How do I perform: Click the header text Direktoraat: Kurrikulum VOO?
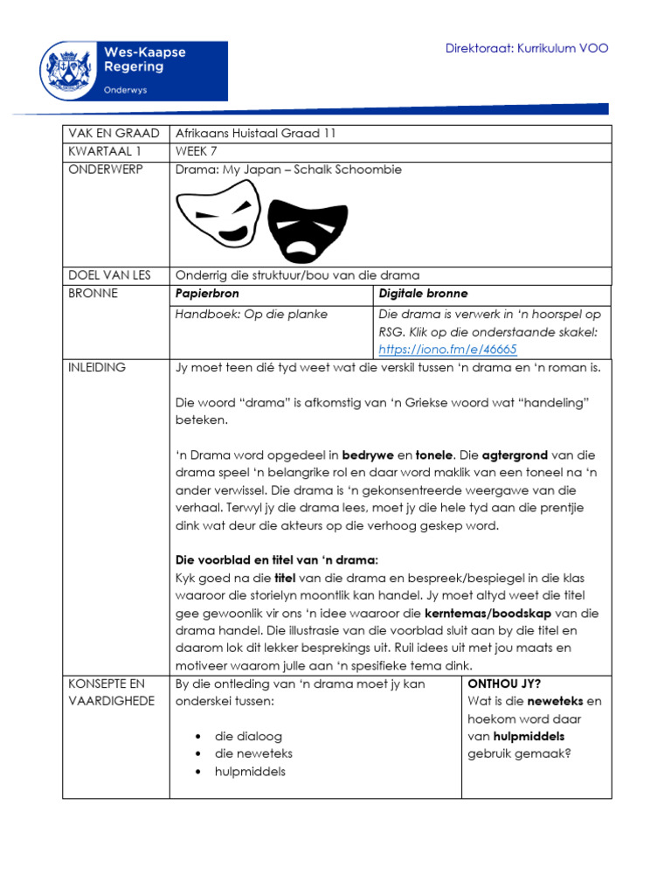tap(527, 48)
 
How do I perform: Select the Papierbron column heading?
tap(207, 295)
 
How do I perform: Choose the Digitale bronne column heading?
tap(424, 295)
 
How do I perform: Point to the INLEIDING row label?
tap(97, 368)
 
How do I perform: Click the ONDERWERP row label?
tap(106, 170)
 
